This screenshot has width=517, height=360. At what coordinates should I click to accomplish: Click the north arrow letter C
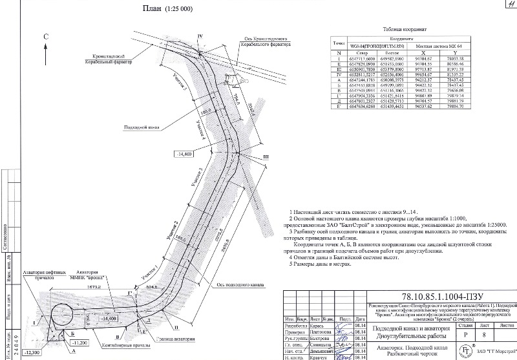pyautogui.click(x=45, y=37)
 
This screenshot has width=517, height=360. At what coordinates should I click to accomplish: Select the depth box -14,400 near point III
pyautogui.click(x=184, y=154)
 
